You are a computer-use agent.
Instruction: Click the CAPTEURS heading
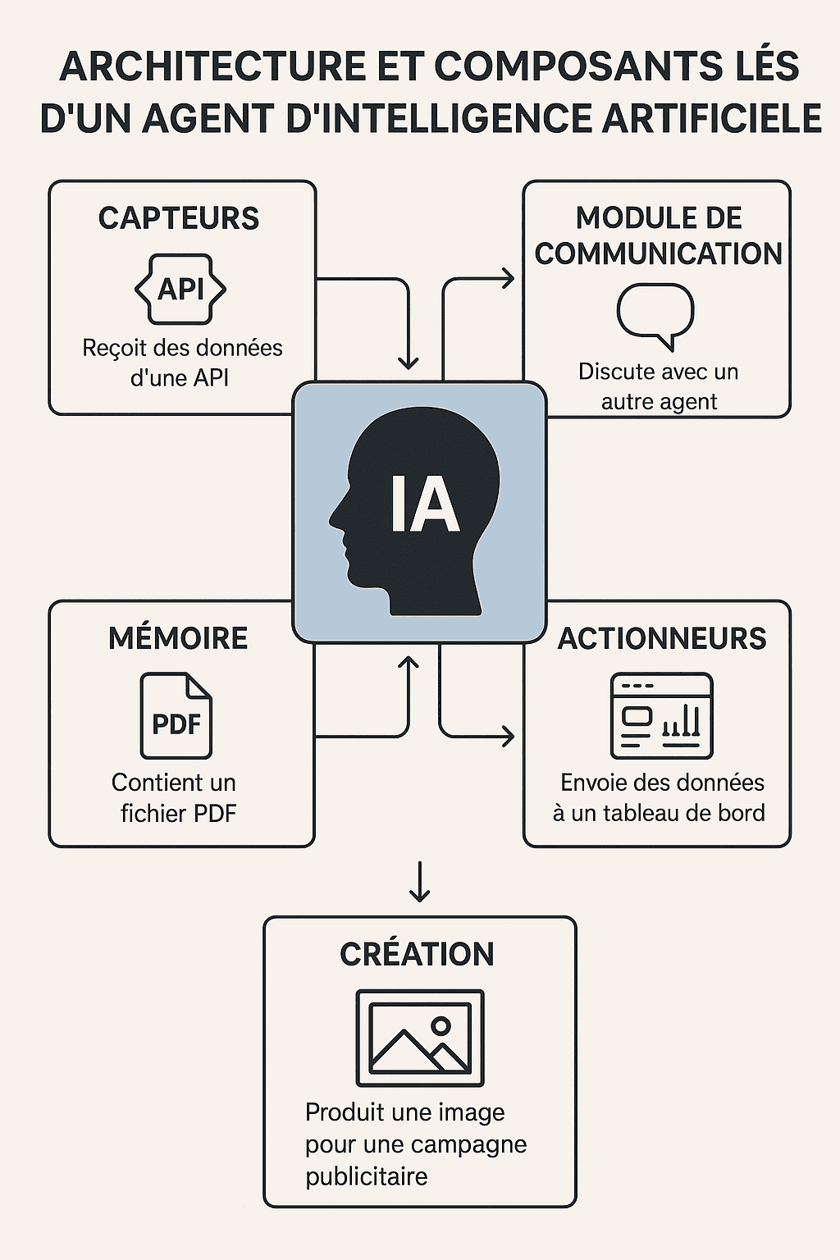(179, 218)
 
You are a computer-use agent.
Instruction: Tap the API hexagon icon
(180, 290)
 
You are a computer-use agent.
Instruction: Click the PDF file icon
(176, 716)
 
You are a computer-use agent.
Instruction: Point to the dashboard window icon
(661, 716)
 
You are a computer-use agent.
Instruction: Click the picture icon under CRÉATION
(420, 1038)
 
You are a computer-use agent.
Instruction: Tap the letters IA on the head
(424, 504)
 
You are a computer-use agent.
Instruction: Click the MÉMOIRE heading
(178, 638)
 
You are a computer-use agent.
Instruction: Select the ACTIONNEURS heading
(662, 638)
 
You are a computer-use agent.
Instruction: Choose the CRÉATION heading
(418, 954)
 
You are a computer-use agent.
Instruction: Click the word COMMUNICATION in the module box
(659, 254)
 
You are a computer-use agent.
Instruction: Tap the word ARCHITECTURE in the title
(212, 67)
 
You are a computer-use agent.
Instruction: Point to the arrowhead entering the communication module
(508, 279)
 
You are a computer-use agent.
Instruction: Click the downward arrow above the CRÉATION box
(419, 883)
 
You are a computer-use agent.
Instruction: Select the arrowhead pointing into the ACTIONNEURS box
(508, 736)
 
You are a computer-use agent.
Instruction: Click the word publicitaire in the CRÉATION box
(367, 1176)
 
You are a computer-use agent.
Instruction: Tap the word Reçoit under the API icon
(114, 348)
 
